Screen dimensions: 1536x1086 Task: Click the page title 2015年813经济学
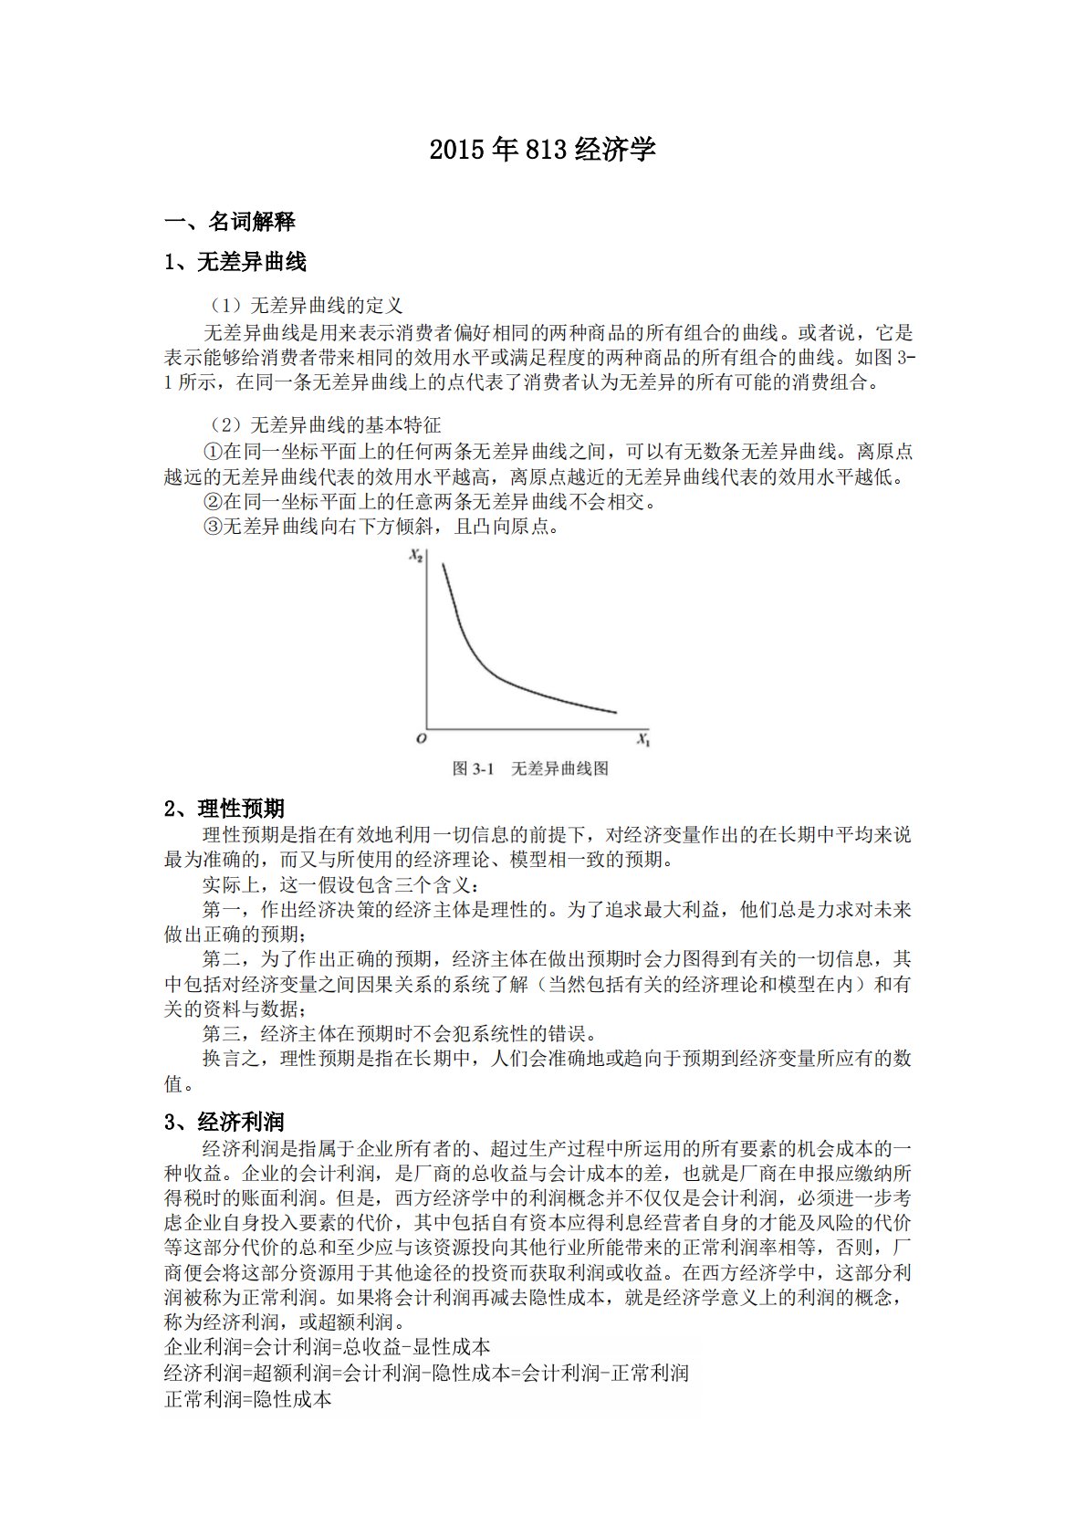[x=542, y=150]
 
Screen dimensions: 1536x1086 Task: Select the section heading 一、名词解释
[x=229, y=222]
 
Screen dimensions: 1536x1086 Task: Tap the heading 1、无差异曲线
[x=235, y=263]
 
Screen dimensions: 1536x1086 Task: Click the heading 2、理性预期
[x=225, y=809]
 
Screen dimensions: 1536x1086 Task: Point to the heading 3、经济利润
[x=225, y=1122]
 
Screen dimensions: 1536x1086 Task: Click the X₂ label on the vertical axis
[x=415, y=555]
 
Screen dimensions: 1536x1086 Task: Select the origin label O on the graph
[x=421, y=738]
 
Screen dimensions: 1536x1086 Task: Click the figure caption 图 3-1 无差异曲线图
[x=530, y=768]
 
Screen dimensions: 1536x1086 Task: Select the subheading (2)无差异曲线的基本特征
[x=322, y=425]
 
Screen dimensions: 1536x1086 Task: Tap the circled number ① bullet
[x=212, y=452]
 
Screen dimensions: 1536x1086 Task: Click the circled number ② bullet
[x=212, y=502]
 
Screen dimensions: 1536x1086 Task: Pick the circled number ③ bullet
[x=212, y=527]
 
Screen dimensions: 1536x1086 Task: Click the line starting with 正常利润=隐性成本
[x=247, y=1398]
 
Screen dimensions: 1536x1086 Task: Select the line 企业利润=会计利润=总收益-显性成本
[x=327, y=1347]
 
